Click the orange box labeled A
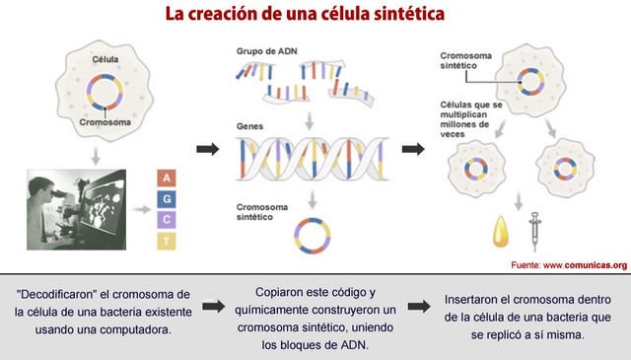[x=169, y=178]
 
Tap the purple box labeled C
[x=169, y=219]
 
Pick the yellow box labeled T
[x=169, y=240]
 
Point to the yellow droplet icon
[x=499, y=232]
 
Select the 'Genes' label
[x=249, y=127]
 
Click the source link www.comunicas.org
[x=585, y=264]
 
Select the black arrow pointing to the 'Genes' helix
[x=208, y=149]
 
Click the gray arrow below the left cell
[x=95, y=154]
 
